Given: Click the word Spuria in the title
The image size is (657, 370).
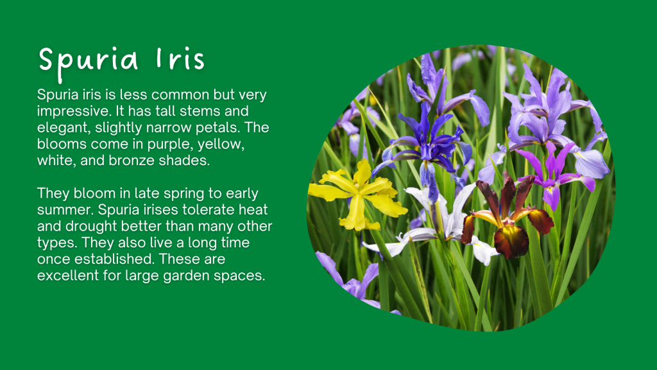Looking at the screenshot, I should click(x=89, y=60).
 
